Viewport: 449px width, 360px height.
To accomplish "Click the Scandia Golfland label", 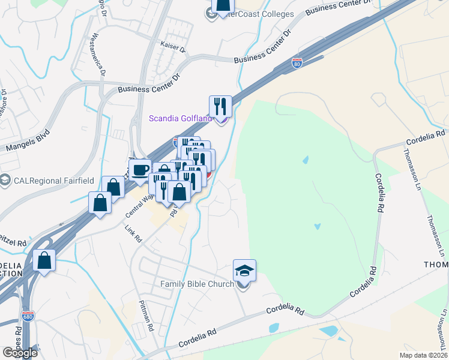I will point(181,118).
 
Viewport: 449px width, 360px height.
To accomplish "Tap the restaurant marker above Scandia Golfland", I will point(220,106).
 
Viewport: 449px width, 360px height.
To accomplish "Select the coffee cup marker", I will point(140,169).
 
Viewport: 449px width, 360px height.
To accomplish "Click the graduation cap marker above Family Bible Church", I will point(244,270).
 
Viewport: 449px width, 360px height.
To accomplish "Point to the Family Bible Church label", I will point(197,284).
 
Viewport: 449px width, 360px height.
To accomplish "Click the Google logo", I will point(20,353).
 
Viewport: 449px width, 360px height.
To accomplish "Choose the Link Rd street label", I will point(134,234).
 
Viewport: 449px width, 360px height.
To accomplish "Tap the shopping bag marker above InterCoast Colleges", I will point(222,5).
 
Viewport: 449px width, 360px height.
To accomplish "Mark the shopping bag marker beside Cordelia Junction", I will point(44,260).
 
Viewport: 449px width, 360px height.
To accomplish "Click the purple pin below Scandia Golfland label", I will point(220,121).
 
